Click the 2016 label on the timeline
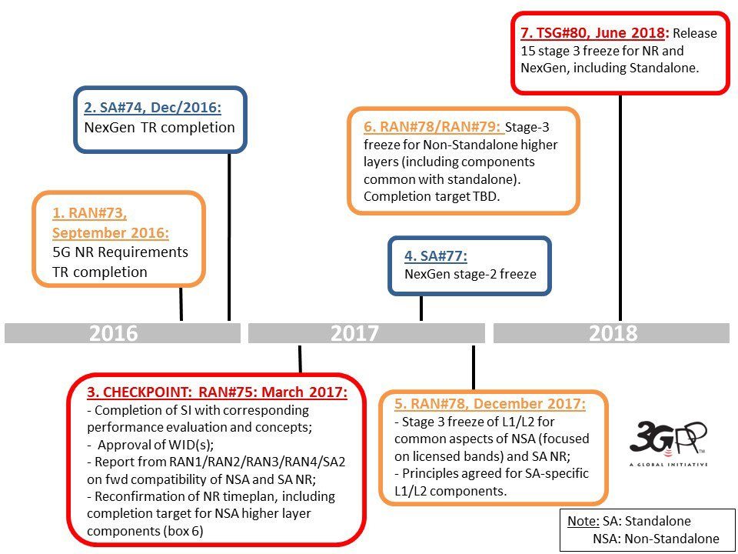coord(114,333)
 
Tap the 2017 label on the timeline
coord(354,333)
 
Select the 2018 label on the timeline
coord(613,333)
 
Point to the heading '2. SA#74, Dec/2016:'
coord(152,108)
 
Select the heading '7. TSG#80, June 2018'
coord(593,33)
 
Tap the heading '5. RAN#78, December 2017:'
coord(490,404)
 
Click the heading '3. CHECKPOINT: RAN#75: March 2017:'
coord(217,392)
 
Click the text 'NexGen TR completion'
coord(160,128)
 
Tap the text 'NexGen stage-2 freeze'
coord(470,274)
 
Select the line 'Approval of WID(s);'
coord(155,445)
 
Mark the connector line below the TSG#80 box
coord(620,207)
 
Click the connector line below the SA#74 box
coord(229,236)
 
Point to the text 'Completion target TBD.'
coord(431,196)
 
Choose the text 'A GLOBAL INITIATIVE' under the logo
coord(668,465)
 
